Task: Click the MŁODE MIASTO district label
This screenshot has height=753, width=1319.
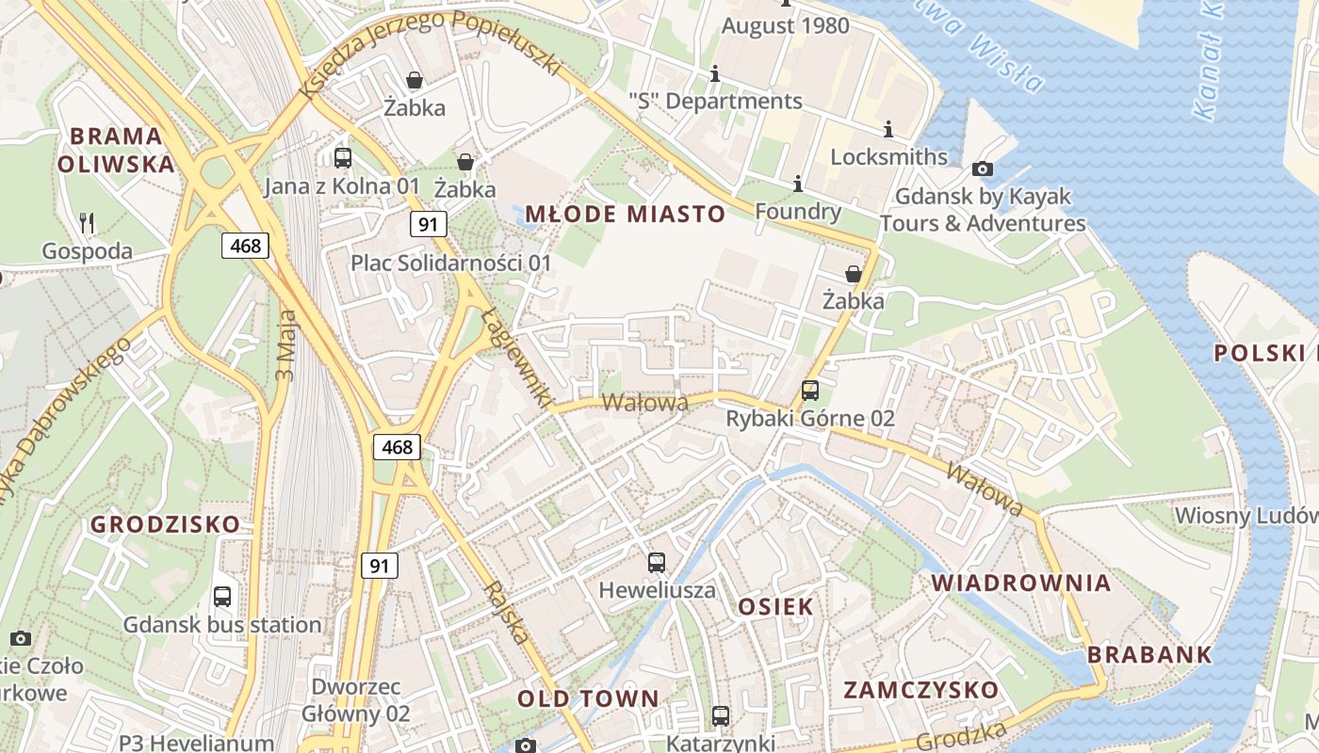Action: point(625,215)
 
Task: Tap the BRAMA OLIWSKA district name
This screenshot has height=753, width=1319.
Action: point(116,151)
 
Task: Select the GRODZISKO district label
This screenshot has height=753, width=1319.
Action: point(166,525)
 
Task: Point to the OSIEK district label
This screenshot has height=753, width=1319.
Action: point(774,607)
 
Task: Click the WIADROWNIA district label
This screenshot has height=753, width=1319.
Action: point(1021,584)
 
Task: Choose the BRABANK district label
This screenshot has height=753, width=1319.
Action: point(1149,655)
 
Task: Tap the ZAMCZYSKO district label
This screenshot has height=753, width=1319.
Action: point(920,690)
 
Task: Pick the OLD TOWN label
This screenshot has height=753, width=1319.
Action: point(588,699)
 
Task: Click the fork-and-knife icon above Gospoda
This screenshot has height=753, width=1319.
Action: point(87,222)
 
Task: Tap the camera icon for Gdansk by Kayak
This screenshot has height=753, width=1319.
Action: point(982,168)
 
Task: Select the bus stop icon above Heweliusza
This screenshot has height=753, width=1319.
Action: point(657,563)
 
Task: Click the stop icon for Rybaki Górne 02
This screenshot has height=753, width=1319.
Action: point(809,390)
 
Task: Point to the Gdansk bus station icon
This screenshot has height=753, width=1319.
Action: point(222,596)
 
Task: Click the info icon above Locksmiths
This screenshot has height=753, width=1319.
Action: point(887,129)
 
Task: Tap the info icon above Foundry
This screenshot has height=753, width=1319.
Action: point(798,184)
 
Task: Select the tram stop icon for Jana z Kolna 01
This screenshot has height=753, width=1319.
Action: point(343,157)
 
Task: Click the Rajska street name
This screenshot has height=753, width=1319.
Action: point(506,613)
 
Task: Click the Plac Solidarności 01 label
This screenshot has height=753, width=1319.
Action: point(450,263)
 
